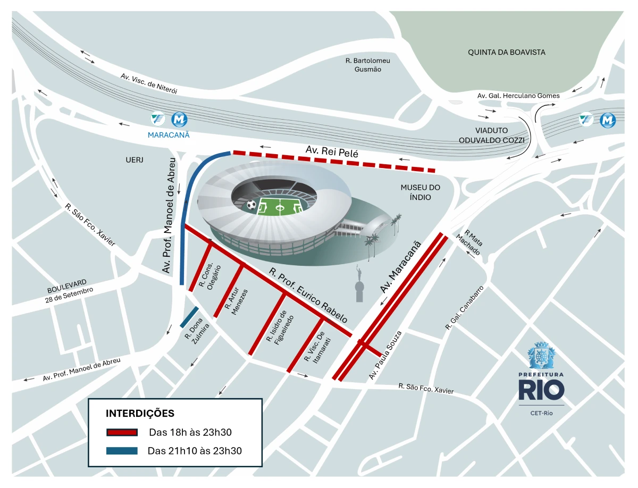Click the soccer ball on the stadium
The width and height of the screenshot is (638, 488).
pyautogui.click(x=251, y=204)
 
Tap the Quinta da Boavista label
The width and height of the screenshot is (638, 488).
pyautogui.click(x=507, y=52)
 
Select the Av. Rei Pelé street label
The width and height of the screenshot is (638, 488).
pyautogui.click(x=332, y=152)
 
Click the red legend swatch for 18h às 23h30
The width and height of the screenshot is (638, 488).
pyautogui.click(x=122, y=432)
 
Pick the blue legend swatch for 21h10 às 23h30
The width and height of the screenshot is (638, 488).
pyautogui.click(x=122, y=451)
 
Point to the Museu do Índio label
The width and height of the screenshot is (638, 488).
pyautogui.click(x=420, y=192)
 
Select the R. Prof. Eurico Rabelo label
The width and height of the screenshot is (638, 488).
pyautogui.click(x=308, y=296)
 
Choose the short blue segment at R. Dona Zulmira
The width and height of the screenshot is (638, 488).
pyautogui.click(x=189, y=317)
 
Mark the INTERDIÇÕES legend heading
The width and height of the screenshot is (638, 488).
pyautogui.click(x=140, y=413)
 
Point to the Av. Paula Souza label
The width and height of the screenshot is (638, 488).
pyautogui.click(x=385, y=355)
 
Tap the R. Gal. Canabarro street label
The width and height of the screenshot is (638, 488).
pyautogui.click(x=460, y=310)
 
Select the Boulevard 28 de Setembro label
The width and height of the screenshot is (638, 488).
pyautogui.click(x=70, y=292)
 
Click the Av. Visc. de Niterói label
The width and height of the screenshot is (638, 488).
pyautogui.click(x=148, y=83)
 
